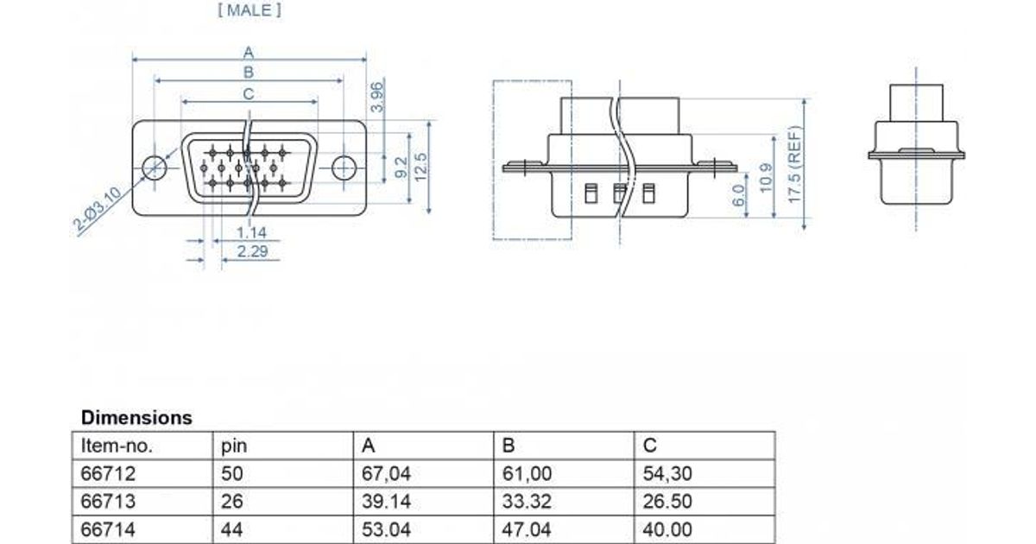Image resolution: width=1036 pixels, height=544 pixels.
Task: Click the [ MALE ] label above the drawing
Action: coord(250,10)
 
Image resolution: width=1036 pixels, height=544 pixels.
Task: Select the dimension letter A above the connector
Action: coord(249,53)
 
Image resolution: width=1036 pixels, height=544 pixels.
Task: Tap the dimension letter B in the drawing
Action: coord(249,73)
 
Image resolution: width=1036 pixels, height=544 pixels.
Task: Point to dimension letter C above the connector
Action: coord(249,94)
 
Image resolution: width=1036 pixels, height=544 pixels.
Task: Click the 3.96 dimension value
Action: coord(377,97)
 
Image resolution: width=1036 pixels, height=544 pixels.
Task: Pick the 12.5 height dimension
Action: coord(420,167)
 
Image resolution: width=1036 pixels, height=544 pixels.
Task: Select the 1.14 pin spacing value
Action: coord(251,232)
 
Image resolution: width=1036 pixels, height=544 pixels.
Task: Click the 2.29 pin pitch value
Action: coord(252,251)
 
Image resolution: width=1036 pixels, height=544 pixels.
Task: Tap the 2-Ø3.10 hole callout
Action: coord(97,209)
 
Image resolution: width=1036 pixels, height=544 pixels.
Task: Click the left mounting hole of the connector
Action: coord(154,168)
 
